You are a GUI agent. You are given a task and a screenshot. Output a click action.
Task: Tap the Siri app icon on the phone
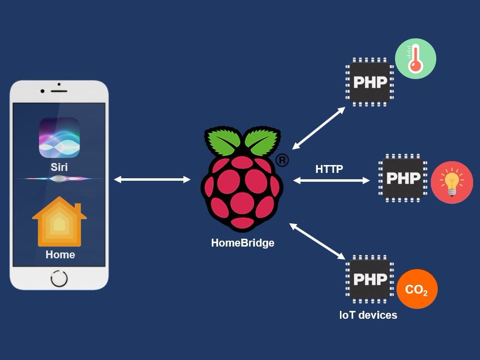[59, 137]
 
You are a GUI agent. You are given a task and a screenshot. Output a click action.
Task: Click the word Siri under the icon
[59, 167]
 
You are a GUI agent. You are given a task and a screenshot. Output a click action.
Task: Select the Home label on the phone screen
[60, 254]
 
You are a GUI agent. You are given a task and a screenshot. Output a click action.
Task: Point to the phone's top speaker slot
[59, 91]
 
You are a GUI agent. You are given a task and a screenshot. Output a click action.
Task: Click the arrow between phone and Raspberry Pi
[152, 180]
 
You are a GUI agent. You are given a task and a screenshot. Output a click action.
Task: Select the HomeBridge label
[243, 243]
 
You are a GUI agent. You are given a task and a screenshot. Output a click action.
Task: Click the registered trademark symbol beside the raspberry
[282, 160]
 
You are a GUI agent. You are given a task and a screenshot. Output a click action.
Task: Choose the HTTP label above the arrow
[329, 169]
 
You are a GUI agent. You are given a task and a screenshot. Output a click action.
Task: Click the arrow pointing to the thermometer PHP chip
[319, 128]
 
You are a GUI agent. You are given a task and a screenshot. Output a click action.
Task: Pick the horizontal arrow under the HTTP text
[332, 181]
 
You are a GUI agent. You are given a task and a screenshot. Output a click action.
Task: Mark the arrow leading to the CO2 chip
[317, 241]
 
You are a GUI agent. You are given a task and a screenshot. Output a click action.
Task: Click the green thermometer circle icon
[416, 59]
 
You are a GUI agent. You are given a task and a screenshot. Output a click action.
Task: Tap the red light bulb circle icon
[452, 182]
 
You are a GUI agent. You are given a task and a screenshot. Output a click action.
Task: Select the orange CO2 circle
[417, 289]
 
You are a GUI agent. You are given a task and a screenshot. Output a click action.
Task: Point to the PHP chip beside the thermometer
[369, 82]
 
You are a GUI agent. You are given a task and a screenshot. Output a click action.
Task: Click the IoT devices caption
[368, 315]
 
